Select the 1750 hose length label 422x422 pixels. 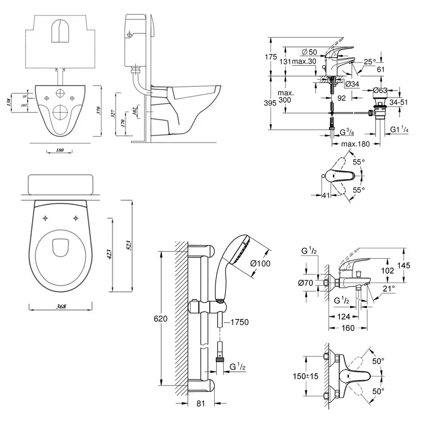[240, 322]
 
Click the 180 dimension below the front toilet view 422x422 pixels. [60, 150]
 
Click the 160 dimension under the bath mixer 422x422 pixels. [347, 328]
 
